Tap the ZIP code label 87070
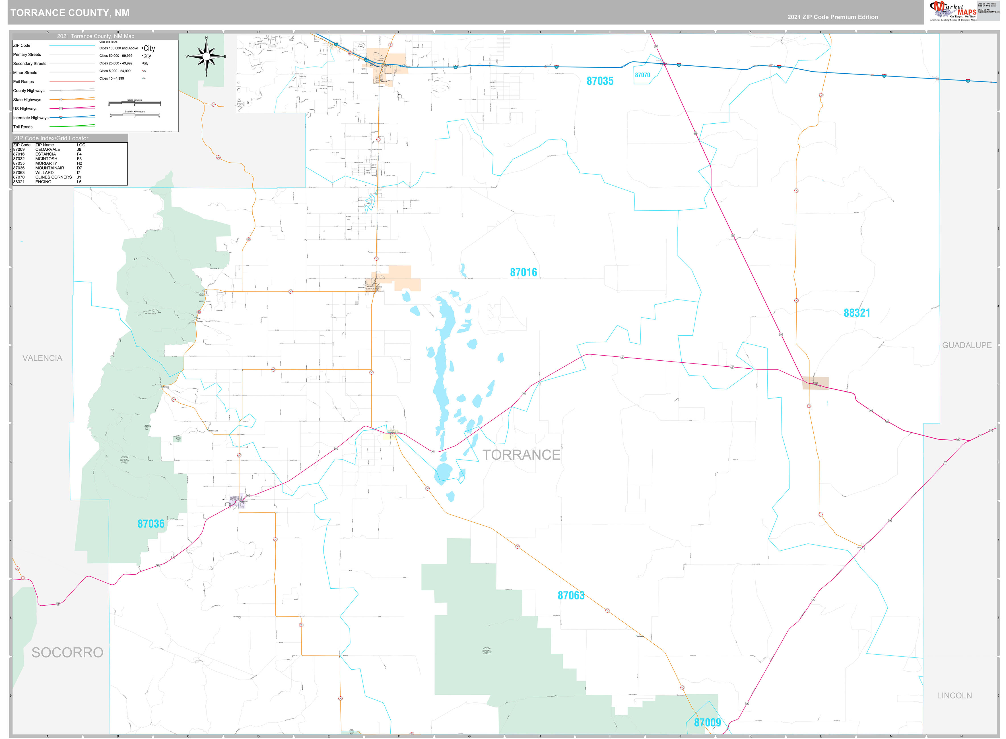click(x=642, y=75)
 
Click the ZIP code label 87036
click(x=151, y=524)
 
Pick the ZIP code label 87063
click(x=571, y=595)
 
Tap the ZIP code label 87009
click(x=707, y=723)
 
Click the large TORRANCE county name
click(x=521, y=455)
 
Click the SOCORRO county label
click(x=67, y=653)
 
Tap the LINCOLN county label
click(x=954, y=696)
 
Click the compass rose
click(x=206, y=56)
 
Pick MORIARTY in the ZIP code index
click(x=46, y=163)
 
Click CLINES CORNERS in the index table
click(x=53, y=177)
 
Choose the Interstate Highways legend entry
click(x=30, y=118)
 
